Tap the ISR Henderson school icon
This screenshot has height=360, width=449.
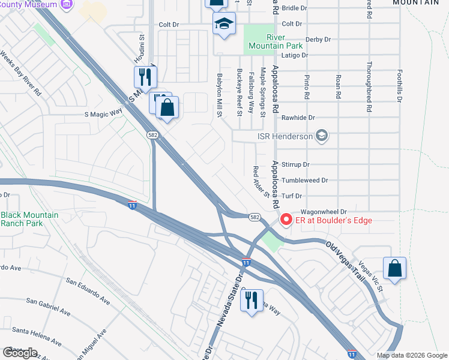click(x=322, y=136)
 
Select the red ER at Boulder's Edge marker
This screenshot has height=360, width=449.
click(x=286, y=220)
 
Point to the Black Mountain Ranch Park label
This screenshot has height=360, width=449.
click(x=29, y=219)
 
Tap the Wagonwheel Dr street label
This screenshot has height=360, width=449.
click(x=324, y=212)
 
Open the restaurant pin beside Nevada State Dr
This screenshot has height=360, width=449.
click(x=252, y=299)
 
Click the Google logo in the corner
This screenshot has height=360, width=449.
click(x=20, y=352)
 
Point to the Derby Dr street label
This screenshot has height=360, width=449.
click(x=318, y=40)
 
